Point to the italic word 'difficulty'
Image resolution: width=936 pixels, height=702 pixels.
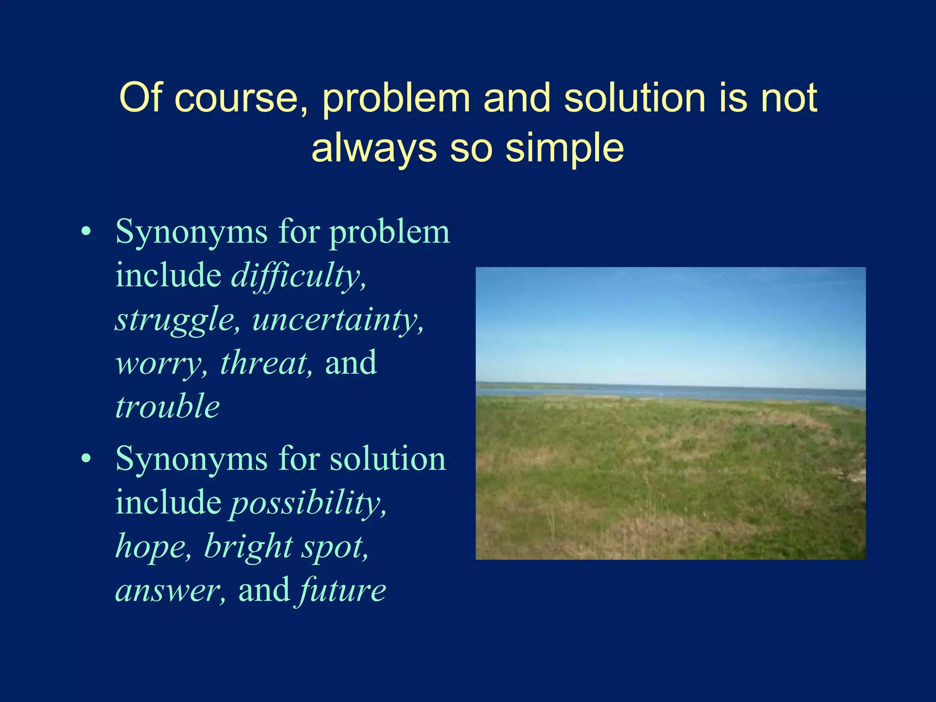[298, 276]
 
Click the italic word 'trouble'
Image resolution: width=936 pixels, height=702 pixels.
[167, 406]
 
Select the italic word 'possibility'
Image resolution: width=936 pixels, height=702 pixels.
[307, 503]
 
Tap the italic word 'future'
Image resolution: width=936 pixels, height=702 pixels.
[343, 590]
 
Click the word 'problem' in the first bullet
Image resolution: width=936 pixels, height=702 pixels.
[389, 232]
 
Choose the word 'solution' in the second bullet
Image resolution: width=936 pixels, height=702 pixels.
[388, 459]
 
